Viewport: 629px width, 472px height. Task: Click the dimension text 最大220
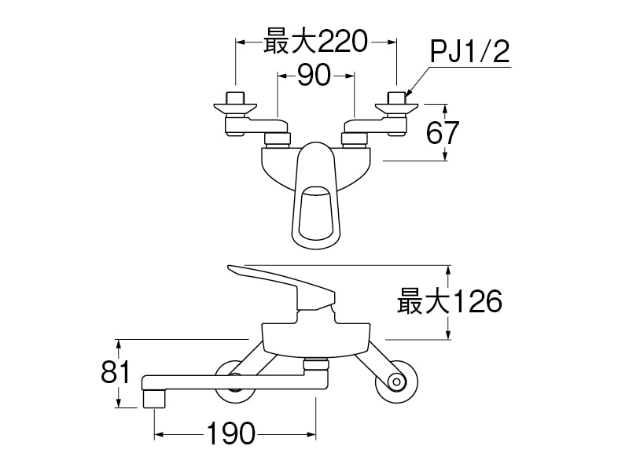[315, 41]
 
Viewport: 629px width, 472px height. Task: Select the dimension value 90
[315, 76]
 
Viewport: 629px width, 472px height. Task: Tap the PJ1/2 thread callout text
[470, 53]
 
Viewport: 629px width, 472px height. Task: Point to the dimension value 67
[442, 132]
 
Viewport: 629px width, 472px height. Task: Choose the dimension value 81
[115, 372]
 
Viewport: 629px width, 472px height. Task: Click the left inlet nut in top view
[234, 99]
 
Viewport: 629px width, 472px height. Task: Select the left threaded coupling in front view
[277, 140]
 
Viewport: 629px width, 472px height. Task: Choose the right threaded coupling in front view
[354, 140]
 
